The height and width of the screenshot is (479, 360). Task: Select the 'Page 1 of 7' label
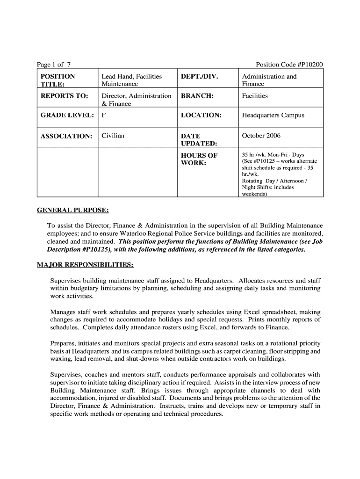coord(54,65)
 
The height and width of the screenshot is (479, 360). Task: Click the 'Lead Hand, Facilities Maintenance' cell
coord(131,80)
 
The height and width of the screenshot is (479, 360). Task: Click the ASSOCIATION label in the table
coord(66,136)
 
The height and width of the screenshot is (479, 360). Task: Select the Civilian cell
coord(113,136)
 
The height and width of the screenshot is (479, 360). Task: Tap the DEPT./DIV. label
coord(199,76)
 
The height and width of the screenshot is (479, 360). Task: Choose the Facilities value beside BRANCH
coord(255,96)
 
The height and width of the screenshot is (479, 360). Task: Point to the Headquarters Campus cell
coord(273,115)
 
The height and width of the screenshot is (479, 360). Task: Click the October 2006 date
coord(261,136)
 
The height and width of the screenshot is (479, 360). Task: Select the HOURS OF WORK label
coord(199,159)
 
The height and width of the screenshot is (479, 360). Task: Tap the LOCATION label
coord(201,115)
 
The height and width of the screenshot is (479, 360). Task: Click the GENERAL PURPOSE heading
coord(73,210)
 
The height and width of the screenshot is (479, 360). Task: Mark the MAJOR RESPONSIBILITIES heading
coord(85,265)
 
